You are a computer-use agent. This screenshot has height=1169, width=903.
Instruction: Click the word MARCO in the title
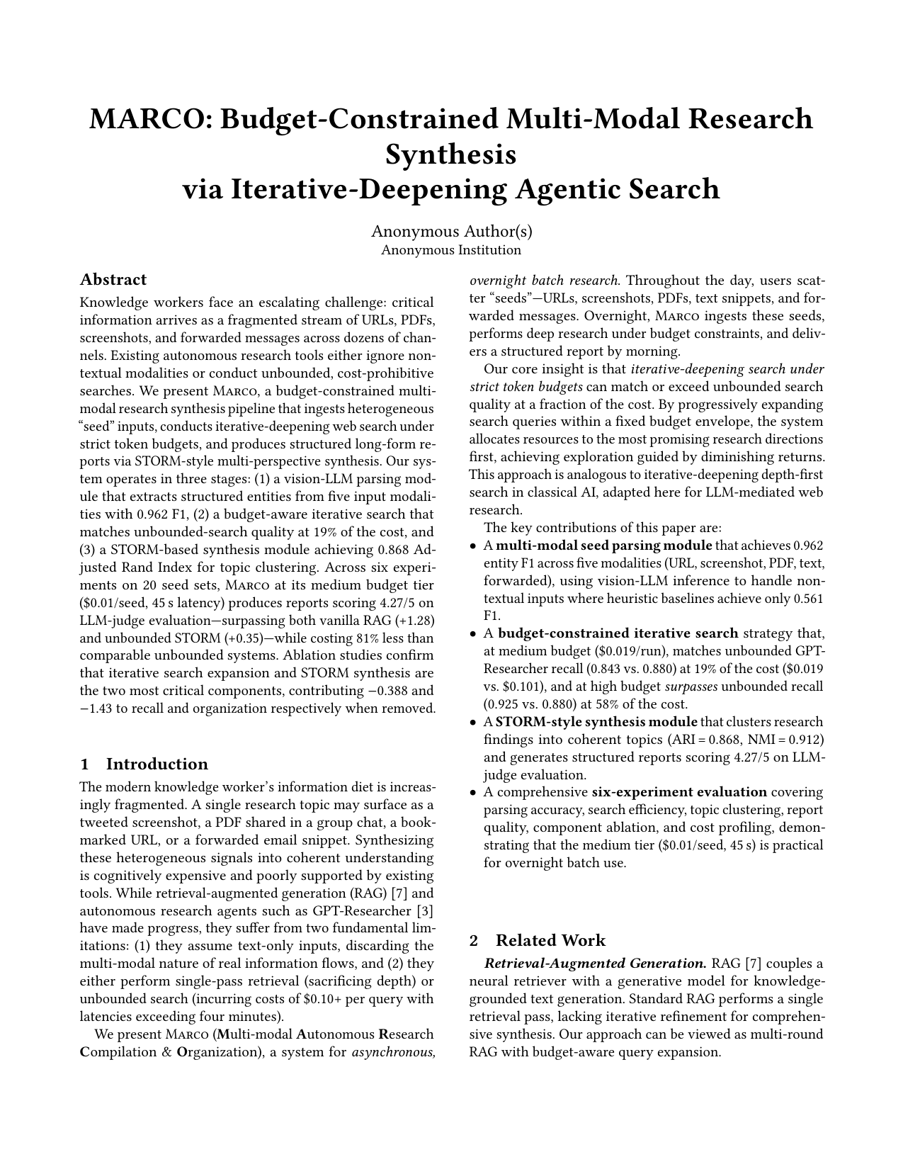[x=145, y=119]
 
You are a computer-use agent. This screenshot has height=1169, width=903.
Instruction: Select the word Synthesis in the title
[x=450, y=154]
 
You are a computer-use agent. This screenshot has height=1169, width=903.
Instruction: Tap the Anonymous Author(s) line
[x=451, y=231]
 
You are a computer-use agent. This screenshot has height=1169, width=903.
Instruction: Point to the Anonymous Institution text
[x=451, y=250]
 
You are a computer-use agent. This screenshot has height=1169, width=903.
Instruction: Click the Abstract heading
[x=113, y=279]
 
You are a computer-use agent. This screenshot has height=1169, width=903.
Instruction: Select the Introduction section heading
[x=157, y=764]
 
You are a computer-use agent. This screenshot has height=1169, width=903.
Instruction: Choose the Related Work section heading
[x=550, y=940]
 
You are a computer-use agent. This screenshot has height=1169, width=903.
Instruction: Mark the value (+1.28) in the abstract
[x=414, y=621]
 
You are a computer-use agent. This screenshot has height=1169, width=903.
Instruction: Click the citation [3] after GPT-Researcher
[x=426, y=910]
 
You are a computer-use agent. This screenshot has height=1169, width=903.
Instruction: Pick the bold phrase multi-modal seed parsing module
[x=604, y=546]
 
